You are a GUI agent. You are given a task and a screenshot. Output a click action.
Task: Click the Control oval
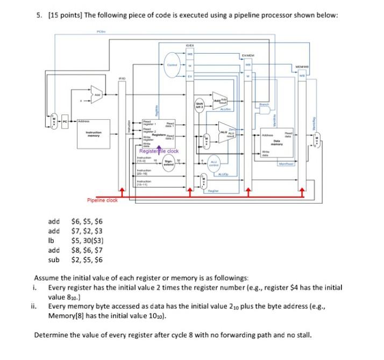click(174, 63)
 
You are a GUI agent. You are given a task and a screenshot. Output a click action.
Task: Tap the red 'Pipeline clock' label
click(102, 200)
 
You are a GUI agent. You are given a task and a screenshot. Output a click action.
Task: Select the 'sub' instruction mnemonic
click(54, 260)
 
